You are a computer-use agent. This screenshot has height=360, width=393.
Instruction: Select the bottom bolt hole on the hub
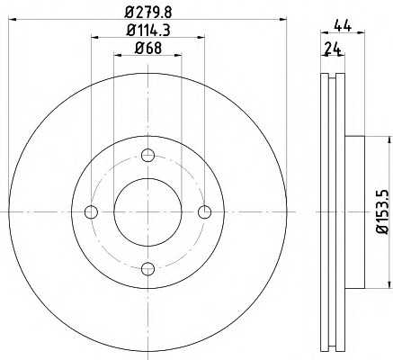coord(147,268)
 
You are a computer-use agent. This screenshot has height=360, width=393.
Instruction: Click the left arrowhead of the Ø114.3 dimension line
coord(94,37)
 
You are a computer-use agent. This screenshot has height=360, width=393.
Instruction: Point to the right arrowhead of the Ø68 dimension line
coord(178,55)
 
